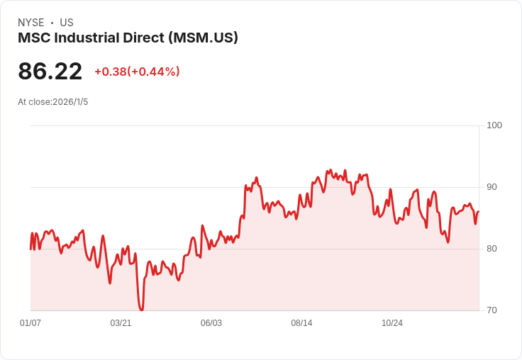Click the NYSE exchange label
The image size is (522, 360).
pyautogui.click(x=30, y=23)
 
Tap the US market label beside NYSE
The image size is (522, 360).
pyautogui.click(x=67, y=23)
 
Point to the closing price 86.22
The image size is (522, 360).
pyautogui.click(x=50, y=72)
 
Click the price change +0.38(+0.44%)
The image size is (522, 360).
pyautogui.click(x=137, y=72)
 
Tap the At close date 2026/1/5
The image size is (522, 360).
pyautogui.click(x=70, y=102)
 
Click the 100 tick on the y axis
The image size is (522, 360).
pyautogui.click(x=494, y=125)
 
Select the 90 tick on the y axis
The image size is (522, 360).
pyautogui.click(x=492, y=187)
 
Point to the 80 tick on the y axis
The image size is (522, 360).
pyautogui.click(x=492, y=249)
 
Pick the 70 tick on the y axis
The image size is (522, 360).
pyautogui.click(x=492, y=310)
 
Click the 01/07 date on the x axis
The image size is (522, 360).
pyautogui.click(x=30, y=323)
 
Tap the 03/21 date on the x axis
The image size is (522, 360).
pyautogui.click(x=121, y=323)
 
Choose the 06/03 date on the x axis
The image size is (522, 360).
pyautogui.click(x=211, y=323)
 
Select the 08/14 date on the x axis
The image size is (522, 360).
pyautogui.click(x=301, y=323)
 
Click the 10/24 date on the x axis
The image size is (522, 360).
pyautogui.click(x=392, y=323)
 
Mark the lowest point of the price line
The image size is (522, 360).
pyautogui.click(x=142, y=310)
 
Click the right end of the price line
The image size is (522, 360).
pyautogui.click(x=478, y=211)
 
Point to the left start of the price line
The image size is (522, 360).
pyautogui.click(x=30, y=249)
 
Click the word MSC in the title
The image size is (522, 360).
pyautogui.click(x=32, y=38)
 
